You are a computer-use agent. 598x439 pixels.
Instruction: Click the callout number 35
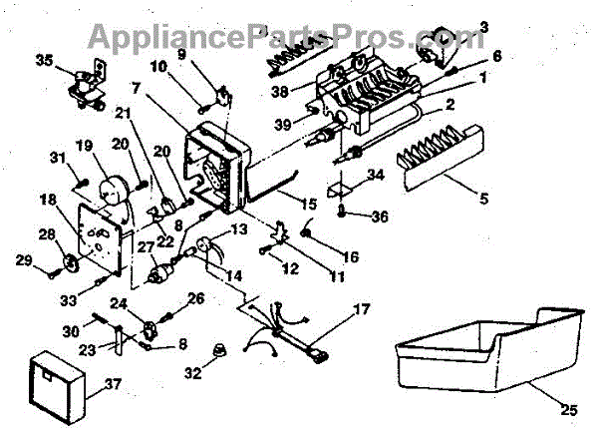point(43,60)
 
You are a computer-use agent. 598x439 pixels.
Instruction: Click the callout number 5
point(483,199)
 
